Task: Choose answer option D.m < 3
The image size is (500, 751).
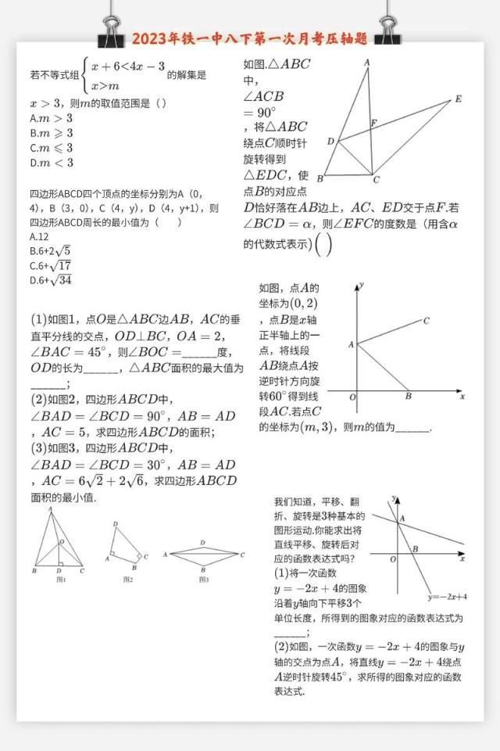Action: (x=52, y=163)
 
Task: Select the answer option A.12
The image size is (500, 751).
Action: (x=40, y=236)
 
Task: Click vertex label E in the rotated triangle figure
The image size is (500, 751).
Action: (x=458, y=99)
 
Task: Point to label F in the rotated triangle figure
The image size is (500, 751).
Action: (x=373, y=123)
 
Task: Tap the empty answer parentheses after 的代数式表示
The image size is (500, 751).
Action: (x=323, y=245)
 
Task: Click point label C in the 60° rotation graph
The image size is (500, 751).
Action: (x=426, y=321)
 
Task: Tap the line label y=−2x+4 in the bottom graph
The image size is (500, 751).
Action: (x=447, y=597)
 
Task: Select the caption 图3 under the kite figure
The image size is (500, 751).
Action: (x=203, y=580)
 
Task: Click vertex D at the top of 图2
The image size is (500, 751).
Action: (x=116, y=525)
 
